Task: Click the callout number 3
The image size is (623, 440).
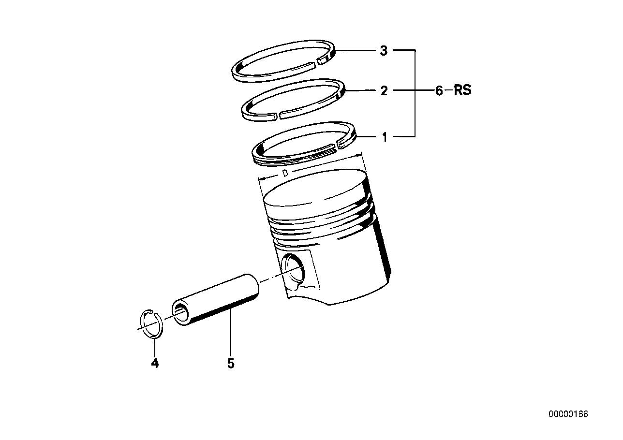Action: [x=383, y=51]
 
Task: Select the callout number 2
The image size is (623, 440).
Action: [x=383, y=90]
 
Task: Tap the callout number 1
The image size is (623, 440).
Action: [x=385, y=137]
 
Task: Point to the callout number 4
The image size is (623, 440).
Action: [x=155, y=363]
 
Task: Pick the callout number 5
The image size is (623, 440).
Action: [x=231, y=363]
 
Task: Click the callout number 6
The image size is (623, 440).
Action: [x=439, y=90]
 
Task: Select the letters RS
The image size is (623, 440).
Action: [x=462, y=90]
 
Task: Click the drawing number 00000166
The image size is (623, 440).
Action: [x=568, y=414]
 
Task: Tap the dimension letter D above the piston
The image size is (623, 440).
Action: [x=285, y=173]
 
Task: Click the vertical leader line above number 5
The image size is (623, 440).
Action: [x=231, y=334]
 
